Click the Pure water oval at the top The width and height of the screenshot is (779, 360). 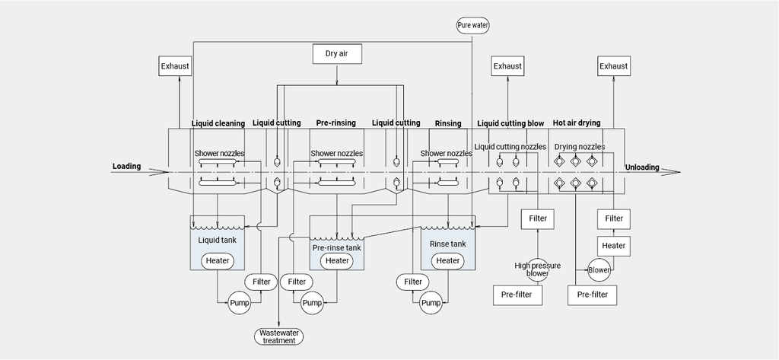pyautogui.click(x=472, y=25)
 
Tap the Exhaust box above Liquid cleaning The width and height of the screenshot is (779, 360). pyautogui.click(x=175, y=66)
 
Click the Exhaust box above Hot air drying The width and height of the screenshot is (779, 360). pyautogui.click(x=613, y=66)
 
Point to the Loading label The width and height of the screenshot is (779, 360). pyautogui.click(x=126, y=166)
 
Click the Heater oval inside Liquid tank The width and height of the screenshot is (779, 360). pyautogui.click(x=217, y=260)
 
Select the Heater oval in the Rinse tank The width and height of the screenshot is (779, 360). pyautogui.click(x=447, y=260)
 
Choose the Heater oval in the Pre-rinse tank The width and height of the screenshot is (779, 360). pyautogui.click(x=336, y=260)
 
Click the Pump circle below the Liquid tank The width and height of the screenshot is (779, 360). pyautogui.click(x=240, y=303)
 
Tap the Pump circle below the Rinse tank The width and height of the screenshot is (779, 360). pyautogui.click(x=431, y=303)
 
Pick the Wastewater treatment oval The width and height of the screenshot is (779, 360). pyautogui.click(x=278, y=336)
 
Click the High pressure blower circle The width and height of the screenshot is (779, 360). pyautogui.click(x=536, y=269)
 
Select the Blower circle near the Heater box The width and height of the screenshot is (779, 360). pyautogui.click(x=599, y=269)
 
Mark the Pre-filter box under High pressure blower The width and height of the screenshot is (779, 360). pyautogui.click(x=517, y=294)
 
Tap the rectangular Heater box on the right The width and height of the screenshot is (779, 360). pyautogui.click(x=613, y=245)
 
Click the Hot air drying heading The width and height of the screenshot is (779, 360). pyautogui.click(x=576, y=123)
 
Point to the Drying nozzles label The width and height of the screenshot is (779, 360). pyautogui.click(x=579, y=146)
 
